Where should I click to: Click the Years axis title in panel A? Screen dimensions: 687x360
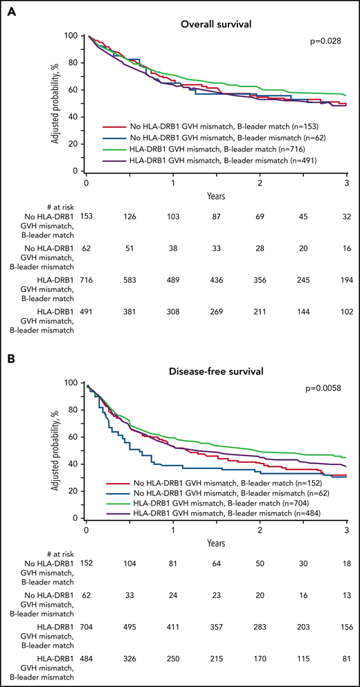point(215,196)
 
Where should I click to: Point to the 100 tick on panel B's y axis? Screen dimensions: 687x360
point(69,382)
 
